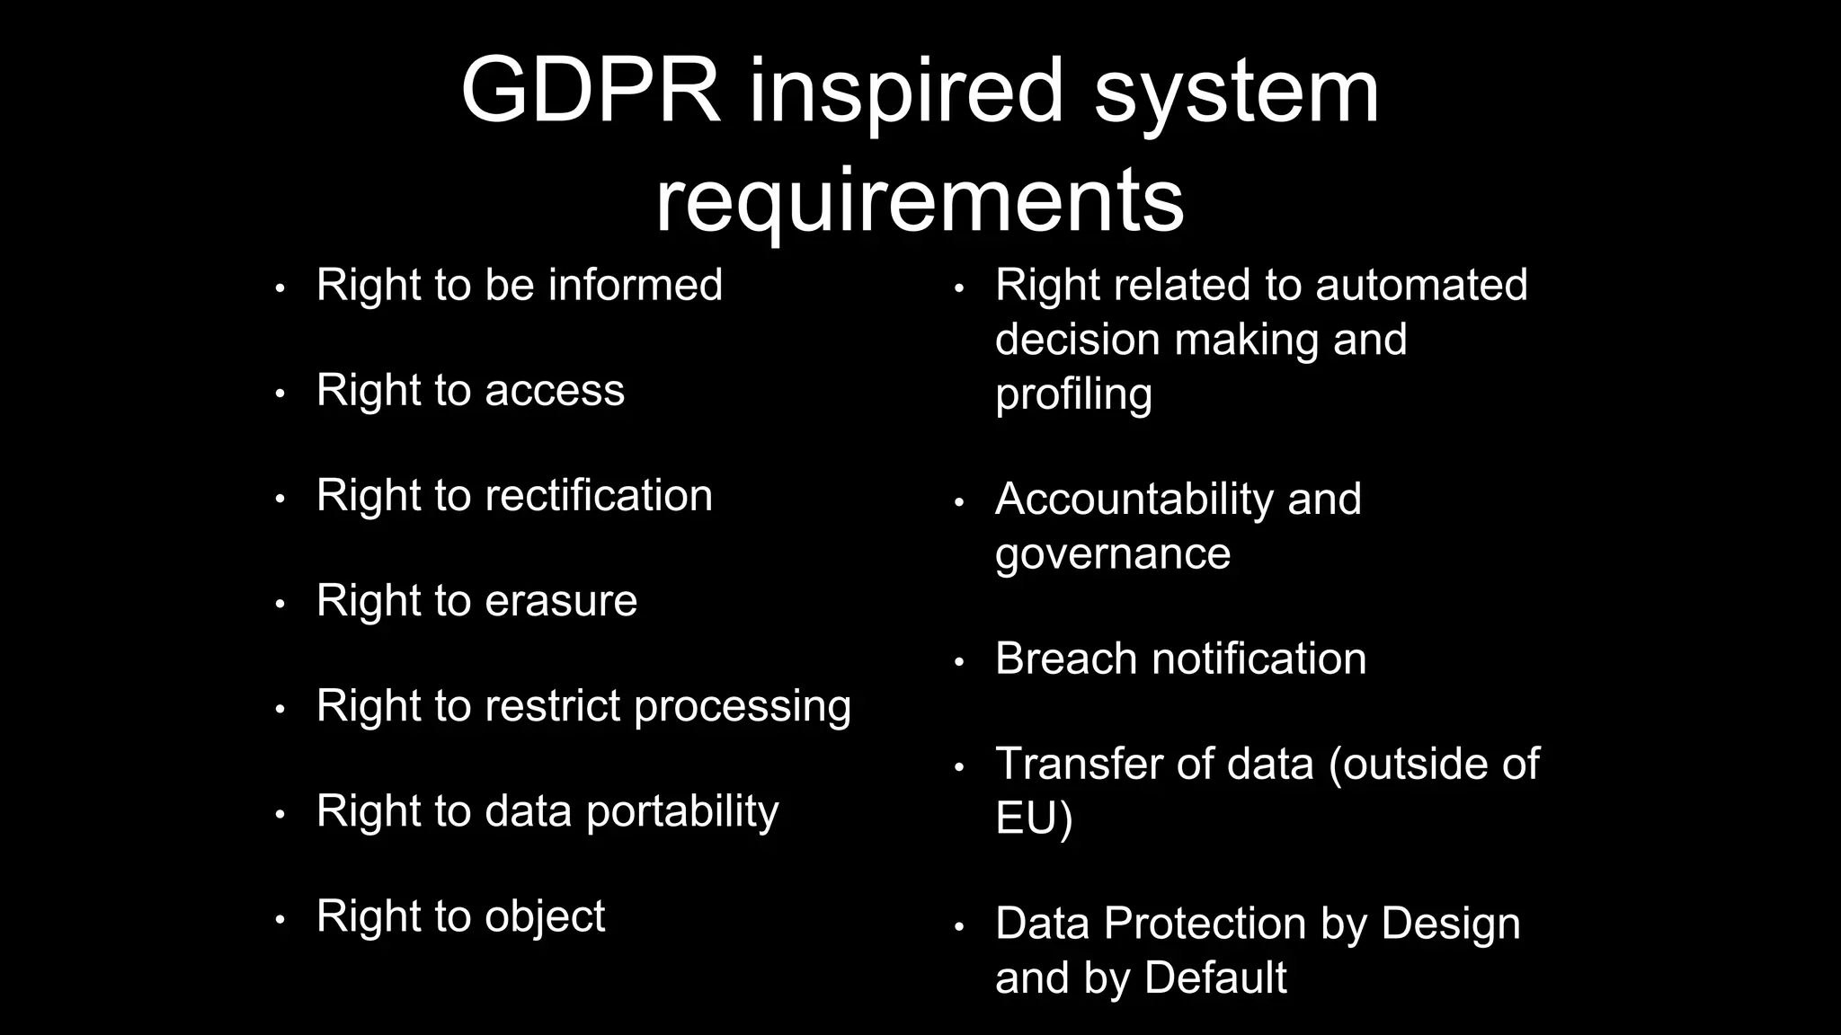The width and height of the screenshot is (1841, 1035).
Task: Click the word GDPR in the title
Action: pyautogui.click(x=591, y=90)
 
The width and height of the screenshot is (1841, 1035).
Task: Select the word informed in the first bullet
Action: pyautogui.click(x=636, y=285)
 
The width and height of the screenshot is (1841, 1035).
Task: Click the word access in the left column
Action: pyautogui.click(x=555, y=391)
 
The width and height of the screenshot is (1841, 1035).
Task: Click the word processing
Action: pyautogui.click(x=743, y=707)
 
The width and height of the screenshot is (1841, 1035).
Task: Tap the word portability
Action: pyautogui.click(x=682, y=811)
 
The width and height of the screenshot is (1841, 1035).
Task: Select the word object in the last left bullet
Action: pyautogui.click(x=545, y=917)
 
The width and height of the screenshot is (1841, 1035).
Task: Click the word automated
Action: pyautogui.click(x=1421, y=285)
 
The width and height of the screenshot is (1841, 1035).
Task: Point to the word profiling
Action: pyautogui.click(x=1073, y=394)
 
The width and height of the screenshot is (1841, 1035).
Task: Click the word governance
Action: pyautogui.click(x=1113, y=553)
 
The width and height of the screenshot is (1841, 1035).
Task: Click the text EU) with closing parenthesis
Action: pyautogui.click(x=1034, y=818)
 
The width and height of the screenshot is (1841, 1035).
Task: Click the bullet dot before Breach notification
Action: pyautogui.click(x=958, y=663)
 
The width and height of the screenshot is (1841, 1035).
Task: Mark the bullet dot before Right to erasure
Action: pyautogui.click(x=280, y=605)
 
